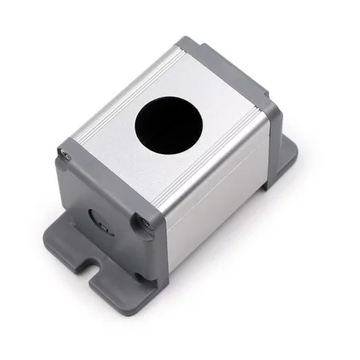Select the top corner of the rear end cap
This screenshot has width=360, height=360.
pyautogui.click(x=186, y=44)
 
